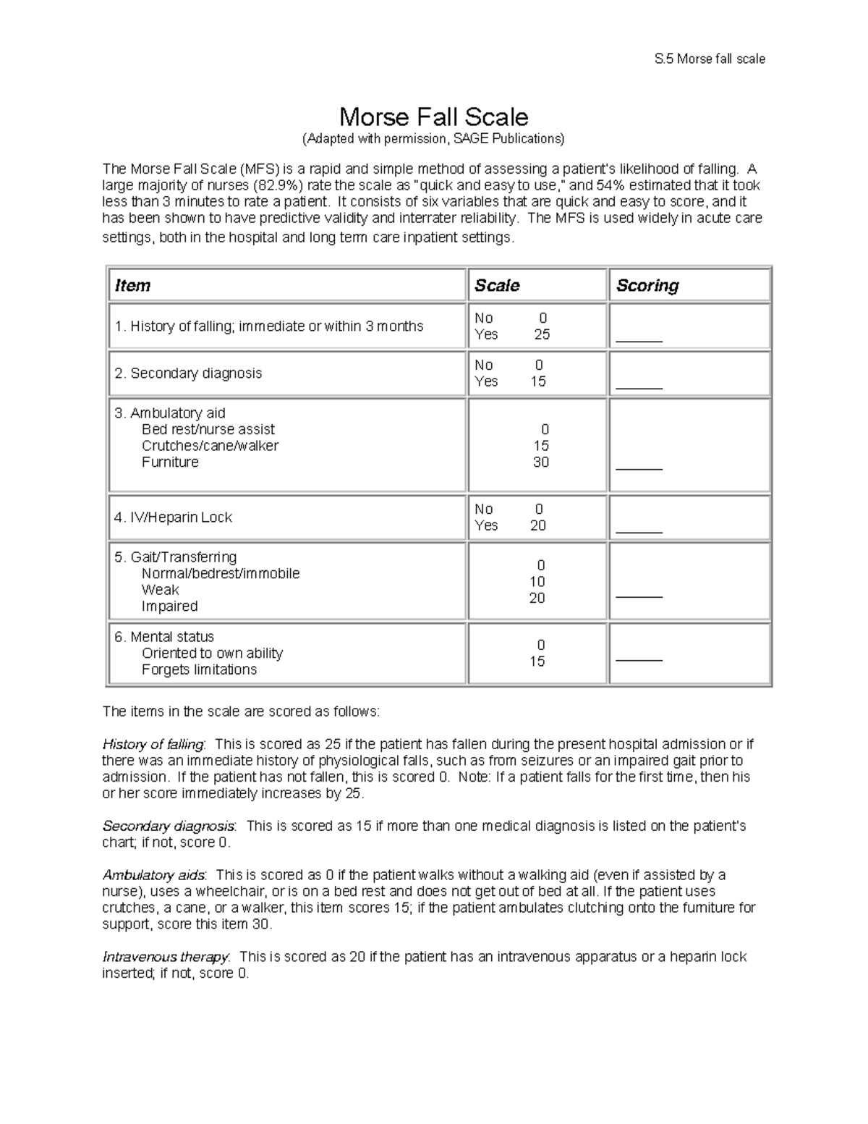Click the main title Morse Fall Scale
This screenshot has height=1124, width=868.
[434, 117]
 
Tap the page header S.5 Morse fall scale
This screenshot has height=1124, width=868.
[710, 59]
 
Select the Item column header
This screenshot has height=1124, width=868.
[132, 286]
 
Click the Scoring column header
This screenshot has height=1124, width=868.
[647, 286]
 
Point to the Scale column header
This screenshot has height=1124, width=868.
[497, 286]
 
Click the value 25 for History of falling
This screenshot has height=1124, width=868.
[542, 334]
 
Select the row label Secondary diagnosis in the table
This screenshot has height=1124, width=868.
[188, 373]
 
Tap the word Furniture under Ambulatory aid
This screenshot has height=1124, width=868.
[170, 462]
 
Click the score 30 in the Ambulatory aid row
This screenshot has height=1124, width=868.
[541, 462]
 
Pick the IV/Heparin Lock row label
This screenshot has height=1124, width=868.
[174, 517]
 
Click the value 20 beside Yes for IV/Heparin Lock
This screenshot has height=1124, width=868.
[537, 526]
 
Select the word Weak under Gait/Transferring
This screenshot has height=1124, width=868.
[160, 590]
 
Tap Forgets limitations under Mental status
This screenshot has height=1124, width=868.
[199, 669]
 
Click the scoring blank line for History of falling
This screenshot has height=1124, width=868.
[639, 341]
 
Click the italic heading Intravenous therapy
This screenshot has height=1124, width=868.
[166, 957]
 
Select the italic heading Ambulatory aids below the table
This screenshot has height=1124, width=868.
[154, 875]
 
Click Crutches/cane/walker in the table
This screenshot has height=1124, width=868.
[210, 446]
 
